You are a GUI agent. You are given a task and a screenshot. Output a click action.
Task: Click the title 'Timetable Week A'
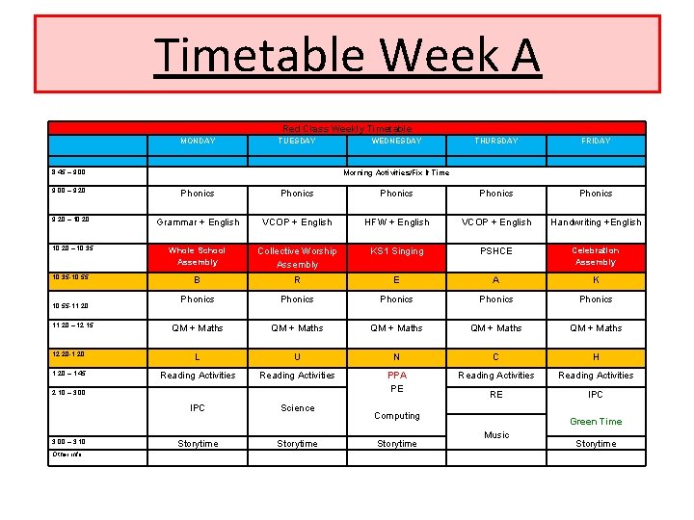(347, 55)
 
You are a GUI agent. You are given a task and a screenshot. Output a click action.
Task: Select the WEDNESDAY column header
(396, 141)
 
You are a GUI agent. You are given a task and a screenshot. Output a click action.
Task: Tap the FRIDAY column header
(596, 141)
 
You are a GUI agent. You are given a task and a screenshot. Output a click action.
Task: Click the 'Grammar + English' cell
(198, 222)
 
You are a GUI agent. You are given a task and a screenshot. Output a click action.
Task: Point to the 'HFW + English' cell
(396, 222)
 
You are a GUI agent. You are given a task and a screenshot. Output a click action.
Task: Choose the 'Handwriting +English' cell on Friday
(596, 222)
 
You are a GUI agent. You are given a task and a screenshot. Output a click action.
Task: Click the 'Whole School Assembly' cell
(198, 256)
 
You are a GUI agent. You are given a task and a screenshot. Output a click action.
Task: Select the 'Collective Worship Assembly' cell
(297, 257)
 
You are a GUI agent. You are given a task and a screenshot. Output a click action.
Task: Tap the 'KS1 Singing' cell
(396, 251)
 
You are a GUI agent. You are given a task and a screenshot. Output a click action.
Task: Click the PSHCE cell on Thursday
(496, 251)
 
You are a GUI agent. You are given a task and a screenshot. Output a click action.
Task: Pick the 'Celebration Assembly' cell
(596, 256)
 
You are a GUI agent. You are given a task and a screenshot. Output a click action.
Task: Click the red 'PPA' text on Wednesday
(396, 376)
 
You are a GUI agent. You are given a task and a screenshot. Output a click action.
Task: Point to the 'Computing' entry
(396, 416)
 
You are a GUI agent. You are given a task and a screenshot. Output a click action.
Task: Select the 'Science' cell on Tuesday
(297, 408)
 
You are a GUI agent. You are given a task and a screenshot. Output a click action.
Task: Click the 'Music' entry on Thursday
(496, 435)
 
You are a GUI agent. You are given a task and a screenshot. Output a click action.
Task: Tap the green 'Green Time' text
(596, 422)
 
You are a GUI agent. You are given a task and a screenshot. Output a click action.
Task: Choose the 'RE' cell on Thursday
(496, 395)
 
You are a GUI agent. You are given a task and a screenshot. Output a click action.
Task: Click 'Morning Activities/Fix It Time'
(396, 173)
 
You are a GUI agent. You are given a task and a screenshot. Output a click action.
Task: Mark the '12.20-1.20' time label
(68, 354)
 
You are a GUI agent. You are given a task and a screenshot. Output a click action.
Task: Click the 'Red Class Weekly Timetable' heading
(347, 128)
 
